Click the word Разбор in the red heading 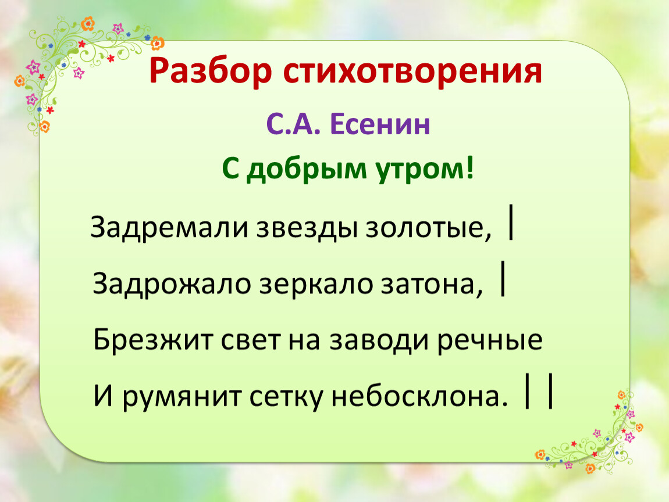tap(211, 71)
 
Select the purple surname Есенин tap(380, 124)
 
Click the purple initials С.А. tap(293, 124)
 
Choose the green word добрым tap(307, 170)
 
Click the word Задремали tap(169, 227)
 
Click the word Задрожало tap(172, 284)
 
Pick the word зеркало tap(316, 284)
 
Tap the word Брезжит tap(153, 340)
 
